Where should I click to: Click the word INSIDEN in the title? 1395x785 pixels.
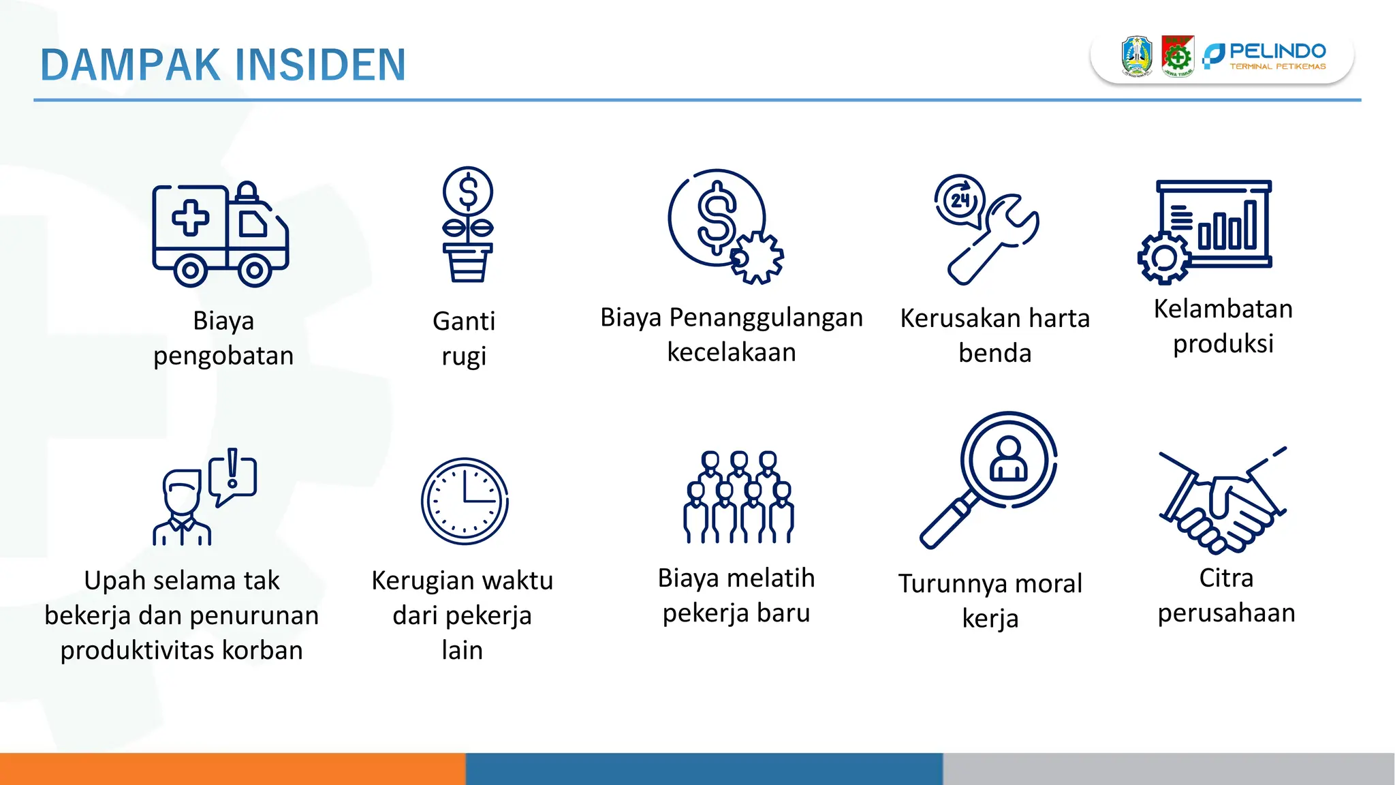click(x=320, y=65)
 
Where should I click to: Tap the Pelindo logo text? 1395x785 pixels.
click(x=1277, y=51)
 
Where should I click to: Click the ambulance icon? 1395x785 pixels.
click(x=220, y=234)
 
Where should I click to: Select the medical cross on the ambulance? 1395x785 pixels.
click(x=190, y=218)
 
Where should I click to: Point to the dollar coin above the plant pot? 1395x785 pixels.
click(x=468, y=191)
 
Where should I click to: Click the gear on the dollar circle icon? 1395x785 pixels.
click(x=757, y=258)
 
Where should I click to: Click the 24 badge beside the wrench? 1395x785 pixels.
click(x=960, y=200)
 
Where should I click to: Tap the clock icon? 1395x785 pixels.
click(x=465, y=501)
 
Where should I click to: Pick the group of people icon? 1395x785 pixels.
click(x=738, y=497)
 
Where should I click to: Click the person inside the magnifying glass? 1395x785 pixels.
click(x=1008, y=460)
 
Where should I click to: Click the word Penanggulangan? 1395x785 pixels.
click(x=766, y=318)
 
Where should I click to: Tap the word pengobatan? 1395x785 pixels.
click(x=223, y=356)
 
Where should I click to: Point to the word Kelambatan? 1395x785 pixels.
click(x=1223, y=309)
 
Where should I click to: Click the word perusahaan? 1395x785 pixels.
click(x=1226, y=613)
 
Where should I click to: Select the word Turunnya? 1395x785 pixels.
click(x=952, y=585)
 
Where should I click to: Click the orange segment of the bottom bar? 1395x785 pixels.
click(x=232, y=769)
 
